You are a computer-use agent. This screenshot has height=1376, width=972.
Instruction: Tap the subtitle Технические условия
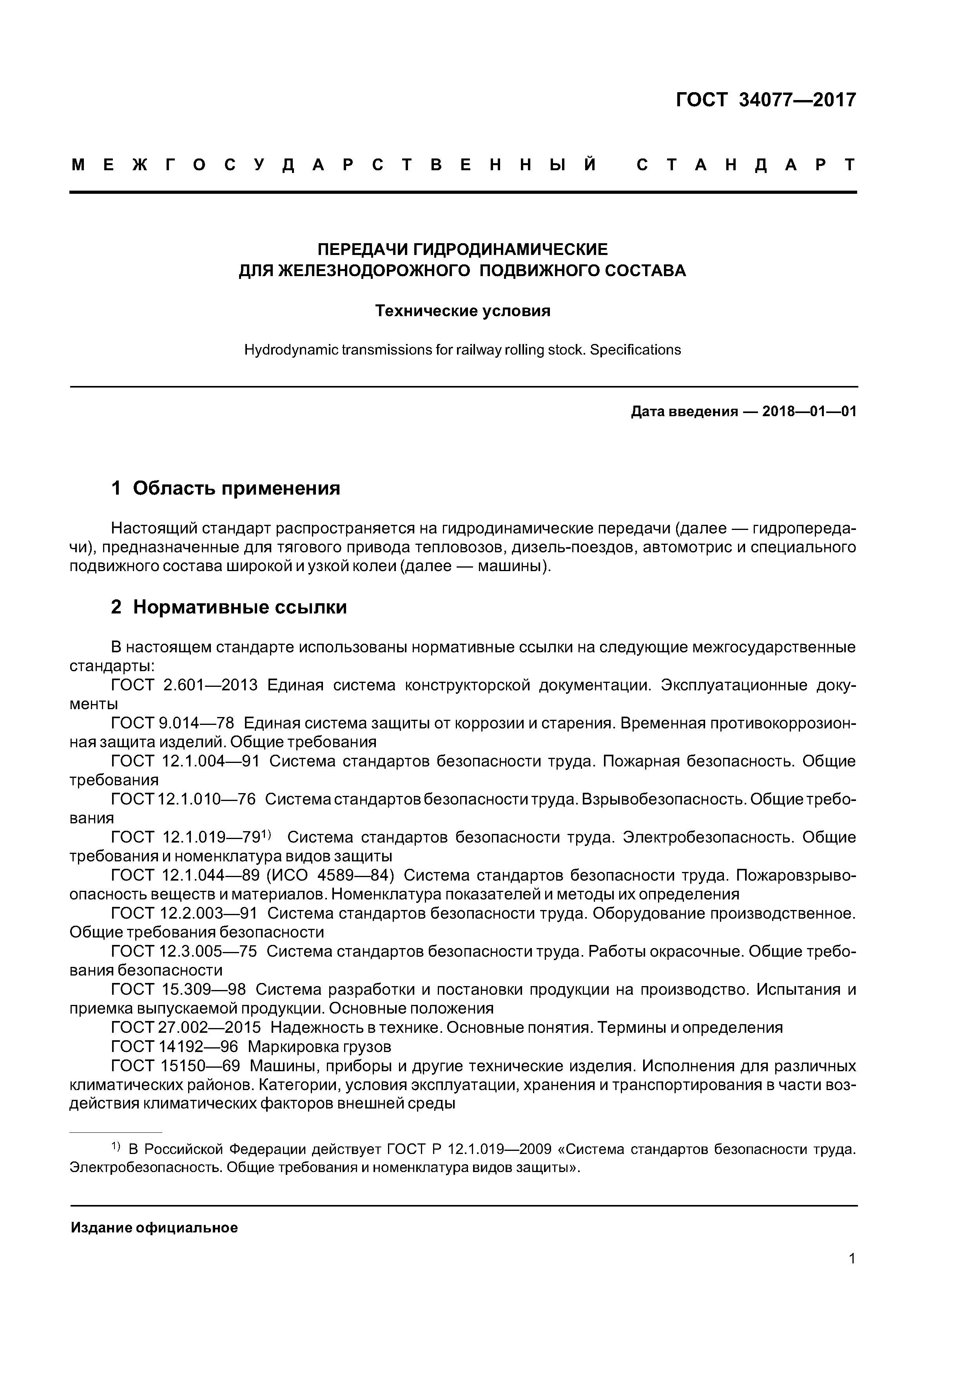(x=462, y=311)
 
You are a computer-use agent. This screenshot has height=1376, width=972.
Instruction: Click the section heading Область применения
(x=236, y=488)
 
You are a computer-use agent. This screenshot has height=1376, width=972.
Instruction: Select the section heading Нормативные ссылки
(x=239, y=608)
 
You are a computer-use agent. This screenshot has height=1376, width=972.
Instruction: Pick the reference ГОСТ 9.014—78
(x=172, y=723)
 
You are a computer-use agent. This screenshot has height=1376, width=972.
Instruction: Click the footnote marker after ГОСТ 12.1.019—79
(x=267, y=834)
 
